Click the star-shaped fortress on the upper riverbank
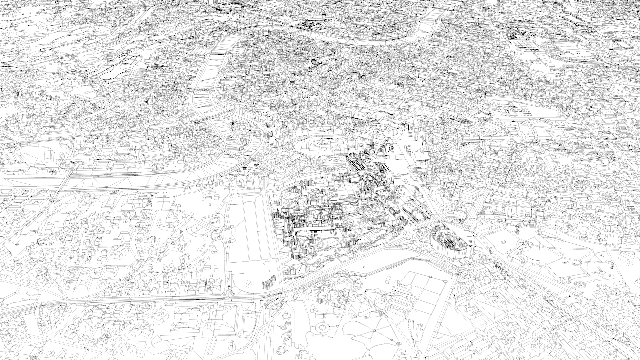point(310,23)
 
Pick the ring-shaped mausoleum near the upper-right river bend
point(434,42)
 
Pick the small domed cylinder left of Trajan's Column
point(313,61)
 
